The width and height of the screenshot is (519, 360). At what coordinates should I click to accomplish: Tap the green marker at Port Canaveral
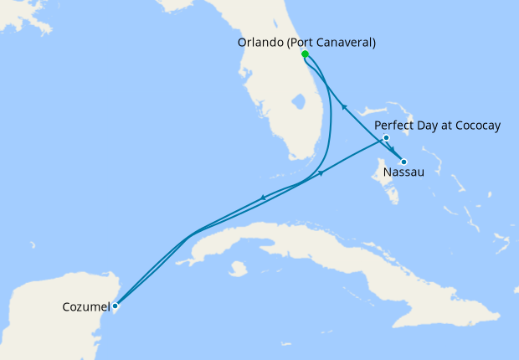click(x=305, y=54)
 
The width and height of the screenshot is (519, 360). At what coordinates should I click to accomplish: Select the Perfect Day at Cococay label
click(x=437, y=126)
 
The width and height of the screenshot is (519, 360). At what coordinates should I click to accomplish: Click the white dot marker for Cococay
click(x=386, y=137)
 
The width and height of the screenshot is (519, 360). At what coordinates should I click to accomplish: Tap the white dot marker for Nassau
click(x=403, y=162)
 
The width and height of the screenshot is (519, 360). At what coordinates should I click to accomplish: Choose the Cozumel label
click(x=85, y=307)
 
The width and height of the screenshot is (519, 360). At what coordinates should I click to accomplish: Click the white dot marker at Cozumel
click(x=115, y=306)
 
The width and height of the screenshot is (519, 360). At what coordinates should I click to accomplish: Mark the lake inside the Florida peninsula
click(x=296, y=105)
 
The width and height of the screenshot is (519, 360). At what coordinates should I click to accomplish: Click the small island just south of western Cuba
click(x=239, y=269)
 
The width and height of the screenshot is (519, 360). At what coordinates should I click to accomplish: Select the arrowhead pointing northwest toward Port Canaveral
click(x=344, y=105)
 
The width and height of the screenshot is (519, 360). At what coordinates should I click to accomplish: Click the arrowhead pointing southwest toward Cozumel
click(x=264, y=198)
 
